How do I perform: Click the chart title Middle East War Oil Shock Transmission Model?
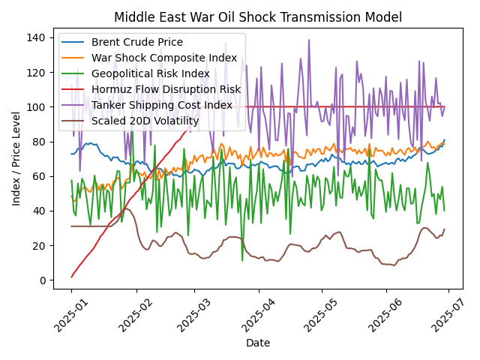click(258, 17)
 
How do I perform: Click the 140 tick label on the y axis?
click(36, 37)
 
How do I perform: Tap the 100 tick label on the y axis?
click(36, 107)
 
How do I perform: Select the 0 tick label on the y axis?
click(42, 280)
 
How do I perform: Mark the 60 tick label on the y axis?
click(39, 176)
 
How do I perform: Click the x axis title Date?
click(258, 343)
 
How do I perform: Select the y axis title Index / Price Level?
click(16, 158)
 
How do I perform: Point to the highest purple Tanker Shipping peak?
click(309, 40)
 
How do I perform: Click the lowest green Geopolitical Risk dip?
click(242, 261)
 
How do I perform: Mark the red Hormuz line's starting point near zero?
click(71, 277)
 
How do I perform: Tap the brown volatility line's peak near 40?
click(126, 208)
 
